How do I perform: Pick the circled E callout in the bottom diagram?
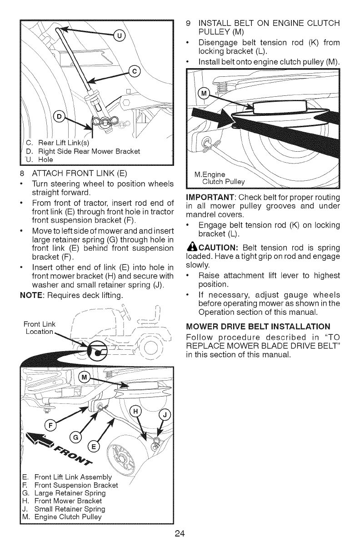(94, 446)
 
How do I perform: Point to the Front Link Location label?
(40, 328)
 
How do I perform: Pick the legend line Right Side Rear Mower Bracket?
(83, 151)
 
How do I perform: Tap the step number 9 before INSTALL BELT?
(189, 22)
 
